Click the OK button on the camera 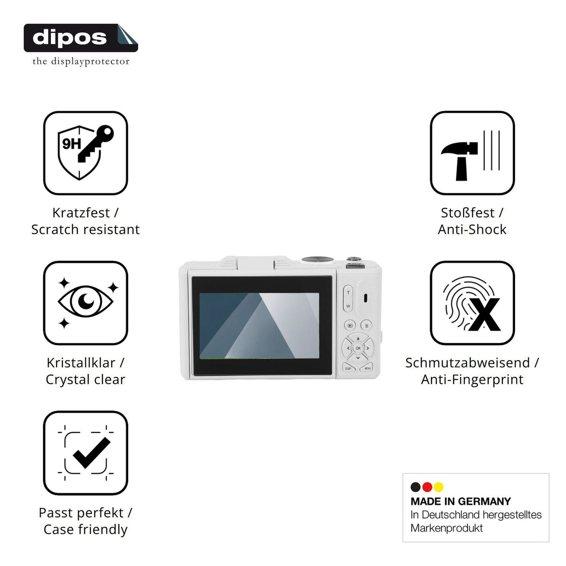[x=358, y=348]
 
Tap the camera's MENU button [x=366, y=367]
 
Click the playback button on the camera [x=350, y=325]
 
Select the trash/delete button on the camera [x=366, y=325]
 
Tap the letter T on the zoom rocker [x=349, y=293]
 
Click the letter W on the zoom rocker [x=348, y=306]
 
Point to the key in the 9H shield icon [x=96, y=144]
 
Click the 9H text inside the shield [x=71, y=144]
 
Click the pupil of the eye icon [x=86, y=301]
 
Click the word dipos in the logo [x=69, y=38]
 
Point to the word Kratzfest [x=81, y=213]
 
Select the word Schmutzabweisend [x=467, y=363]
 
